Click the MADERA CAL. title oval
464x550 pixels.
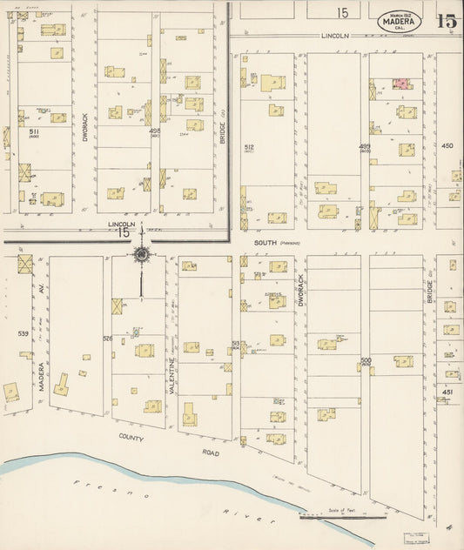[400, 20]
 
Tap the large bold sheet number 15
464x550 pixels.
[447, 21]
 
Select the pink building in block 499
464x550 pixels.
[401, 84]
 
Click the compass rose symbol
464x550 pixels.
[140, 255]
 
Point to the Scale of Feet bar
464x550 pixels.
[343, 517]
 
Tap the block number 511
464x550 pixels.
[34, 132]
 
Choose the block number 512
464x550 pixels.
[250, 147]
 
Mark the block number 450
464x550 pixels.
[447, 146]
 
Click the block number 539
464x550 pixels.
[24, 332]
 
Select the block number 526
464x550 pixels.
[107, 338]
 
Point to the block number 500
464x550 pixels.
[365, 359]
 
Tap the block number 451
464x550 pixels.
[447, 392]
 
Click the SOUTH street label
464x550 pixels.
[265, 243]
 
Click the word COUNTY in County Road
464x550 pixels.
[132, 439]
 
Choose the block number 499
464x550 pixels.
[364, 147]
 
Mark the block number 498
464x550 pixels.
[155, 132]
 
